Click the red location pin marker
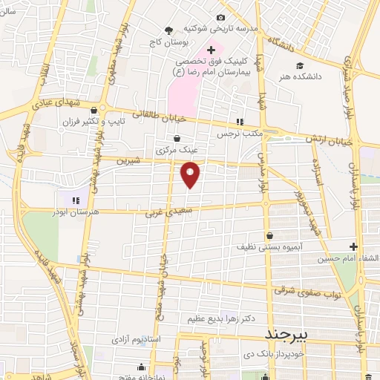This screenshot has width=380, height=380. pyautogui.click(x=191, y=174)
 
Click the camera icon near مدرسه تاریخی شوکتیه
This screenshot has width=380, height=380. pyautogui.click(x=220, y=18)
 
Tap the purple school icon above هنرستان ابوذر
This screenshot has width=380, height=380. pyautogui.click(x=74, y=198)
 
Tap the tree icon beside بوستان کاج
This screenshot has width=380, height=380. pyautogui.click(x=169, y=30)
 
